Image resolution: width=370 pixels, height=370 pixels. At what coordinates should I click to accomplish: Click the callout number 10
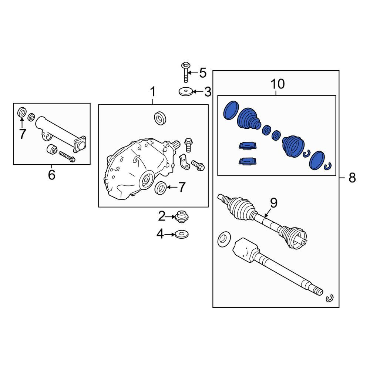pos(277,84)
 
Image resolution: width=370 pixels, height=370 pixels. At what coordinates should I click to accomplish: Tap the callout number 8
pos(352,178)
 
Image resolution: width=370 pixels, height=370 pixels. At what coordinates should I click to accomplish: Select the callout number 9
pos(274,203)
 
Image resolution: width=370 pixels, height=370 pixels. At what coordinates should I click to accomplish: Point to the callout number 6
pos(52,175)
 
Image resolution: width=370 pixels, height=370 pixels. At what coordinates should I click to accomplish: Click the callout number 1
pos(153,91)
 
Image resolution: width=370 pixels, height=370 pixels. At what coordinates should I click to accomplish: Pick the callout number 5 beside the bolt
pos(203,73)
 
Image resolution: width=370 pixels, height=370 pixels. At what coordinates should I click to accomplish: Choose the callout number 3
pos(208,92)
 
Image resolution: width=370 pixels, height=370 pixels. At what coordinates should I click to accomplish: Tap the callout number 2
pos(162,216)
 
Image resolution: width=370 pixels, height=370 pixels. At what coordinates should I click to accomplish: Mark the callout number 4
pos(160,234)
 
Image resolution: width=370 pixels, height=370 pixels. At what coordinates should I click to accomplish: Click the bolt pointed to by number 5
pos(186,72)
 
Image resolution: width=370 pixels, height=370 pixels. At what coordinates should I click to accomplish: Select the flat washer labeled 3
pos(186,91)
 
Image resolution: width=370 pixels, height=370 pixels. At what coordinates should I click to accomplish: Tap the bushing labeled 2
pos(181,216)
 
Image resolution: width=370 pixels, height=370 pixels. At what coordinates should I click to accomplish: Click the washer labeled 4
pos(181,235)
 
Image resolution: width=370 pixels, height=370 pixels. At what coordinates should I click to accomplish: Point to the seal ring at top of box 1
pos(160,118)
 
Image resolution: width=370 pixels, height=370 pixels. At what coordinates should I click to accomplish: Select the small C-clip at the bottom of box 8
pos(330,299)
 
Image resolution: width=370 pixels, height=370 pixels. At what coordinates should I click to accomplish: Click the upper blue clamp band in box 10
pos(248,145)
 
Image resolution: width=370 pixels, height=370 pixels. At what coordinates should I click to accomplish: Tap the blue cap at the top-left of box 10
pos(231,110)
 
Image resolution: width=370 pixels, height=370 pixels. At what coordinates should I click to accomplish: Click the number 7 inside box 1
pos(181,187)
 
